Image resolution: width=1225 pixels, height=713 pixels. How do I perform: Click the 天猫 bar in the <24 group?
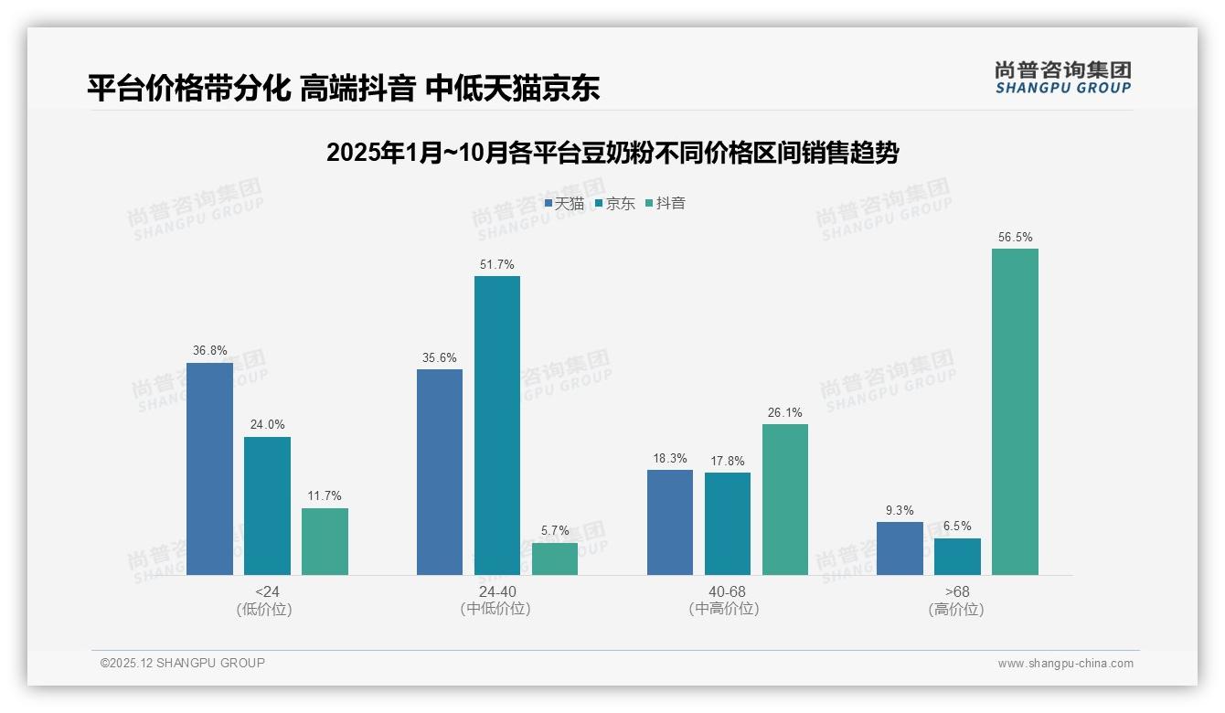coord(209,469)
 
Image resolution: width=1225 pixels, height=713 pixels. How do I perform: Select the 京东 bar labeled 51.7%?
coord(496,425)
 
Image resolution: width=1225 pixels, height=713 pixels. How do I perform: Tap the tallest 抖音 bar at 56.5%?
coord(1015,411)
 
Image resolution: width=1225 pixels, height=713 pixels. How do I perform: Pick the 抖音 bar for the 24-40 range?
coord(555,559)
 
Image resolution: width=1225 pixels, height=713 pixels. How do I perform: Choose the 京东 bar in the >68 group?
coord(957,556)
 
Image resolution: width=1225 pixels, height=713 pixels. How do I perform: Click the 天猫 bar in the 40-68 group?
coord(669,522)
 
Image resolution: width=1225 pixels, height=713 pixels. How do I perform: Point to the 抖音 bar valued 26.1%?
coord(784,499)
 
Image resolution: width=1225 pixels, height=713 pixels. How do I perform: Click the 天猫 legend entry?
coord(564,204)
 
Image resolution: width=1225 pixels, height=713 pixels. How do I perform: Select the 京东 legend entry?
coord(614,204)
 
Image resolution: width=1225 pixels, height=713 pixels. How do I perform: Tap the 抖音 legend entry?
coord(666,204)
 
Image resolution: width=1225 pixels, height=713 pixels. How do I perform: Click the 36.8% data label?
coord(209,350)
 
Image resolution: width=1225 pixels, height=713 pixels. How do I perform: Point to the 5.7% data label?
coord(555,530)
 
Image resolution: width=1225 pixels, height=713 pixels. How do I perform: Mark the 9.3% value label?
coord(900,510)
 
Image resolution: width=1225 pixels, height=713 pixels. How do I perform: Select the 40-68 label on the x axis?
coord(727,591)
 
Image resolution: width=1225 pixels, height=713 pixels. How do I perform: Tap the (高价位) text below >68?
coord(956,609)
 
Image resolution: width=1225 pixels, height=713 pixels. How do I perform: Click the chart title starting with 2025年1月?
coord(612,153)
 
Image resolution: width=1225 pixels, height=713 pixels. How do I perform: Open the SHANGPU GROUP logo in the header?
coord(1062,78)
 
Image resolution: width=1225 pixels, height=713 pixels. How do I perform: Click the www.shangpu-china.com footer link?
coord(1065,664)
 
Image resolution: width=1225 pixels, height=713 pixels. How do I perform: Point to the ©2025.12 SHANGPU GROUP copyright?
coord(183,663)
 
